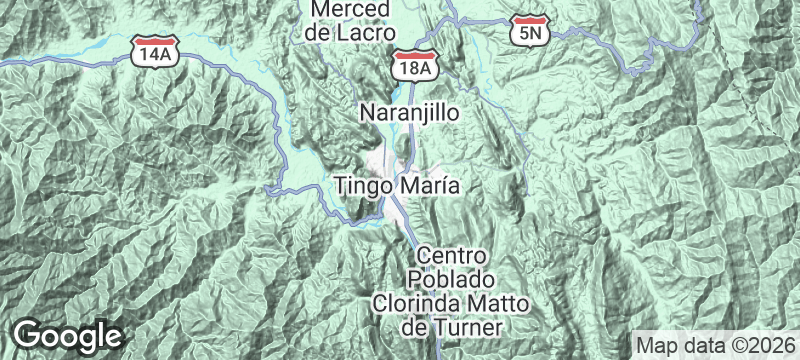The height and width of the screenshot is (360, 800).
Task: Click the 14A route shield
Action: [155, 54]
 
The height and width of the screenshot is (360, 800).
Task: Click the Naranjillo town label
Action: [409, 113]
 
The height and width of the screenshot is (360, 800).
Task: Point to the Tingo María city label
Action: [397, 185]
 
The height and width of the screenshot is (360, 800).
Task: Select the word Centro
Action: [453, 255]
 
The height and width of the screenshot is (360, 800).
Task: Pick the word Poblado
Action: [451, 277]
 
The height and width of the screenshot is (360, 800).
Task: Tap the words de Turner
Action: [450, 325]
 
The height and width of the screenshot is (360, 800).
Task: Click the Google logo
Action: [68, 334]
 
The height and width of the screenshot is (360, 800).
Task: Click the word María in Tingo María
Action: [428, 185]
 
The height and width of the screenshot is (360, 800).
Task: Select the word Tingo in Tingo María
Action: [364, 186]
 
